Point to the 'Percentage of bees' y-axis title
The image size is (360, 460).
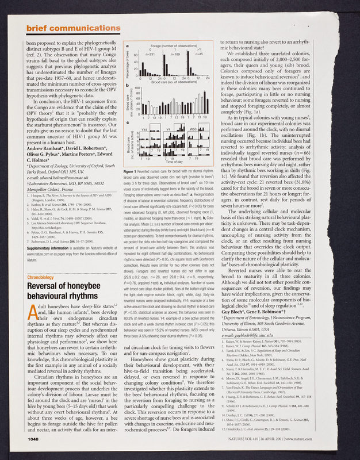(128, 63)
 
